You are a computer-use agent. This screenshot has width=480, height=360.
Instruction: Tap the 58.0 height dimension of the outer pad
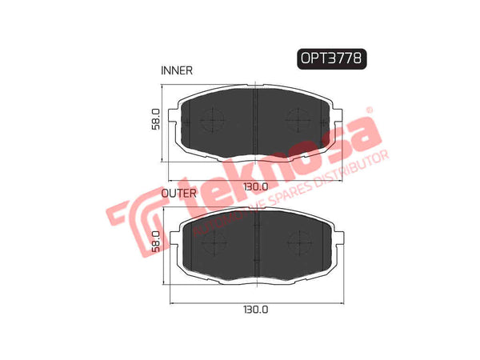[157, 243]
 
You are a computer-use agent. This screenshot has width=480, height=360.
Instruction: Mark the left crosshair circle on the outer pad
[213, 241]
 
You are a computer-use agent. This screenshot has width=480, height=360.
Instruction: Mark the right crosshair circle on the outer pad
[299, 241]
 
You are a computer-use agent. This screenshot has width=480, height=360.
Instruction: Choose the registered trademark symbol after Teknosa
[369, 111]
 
